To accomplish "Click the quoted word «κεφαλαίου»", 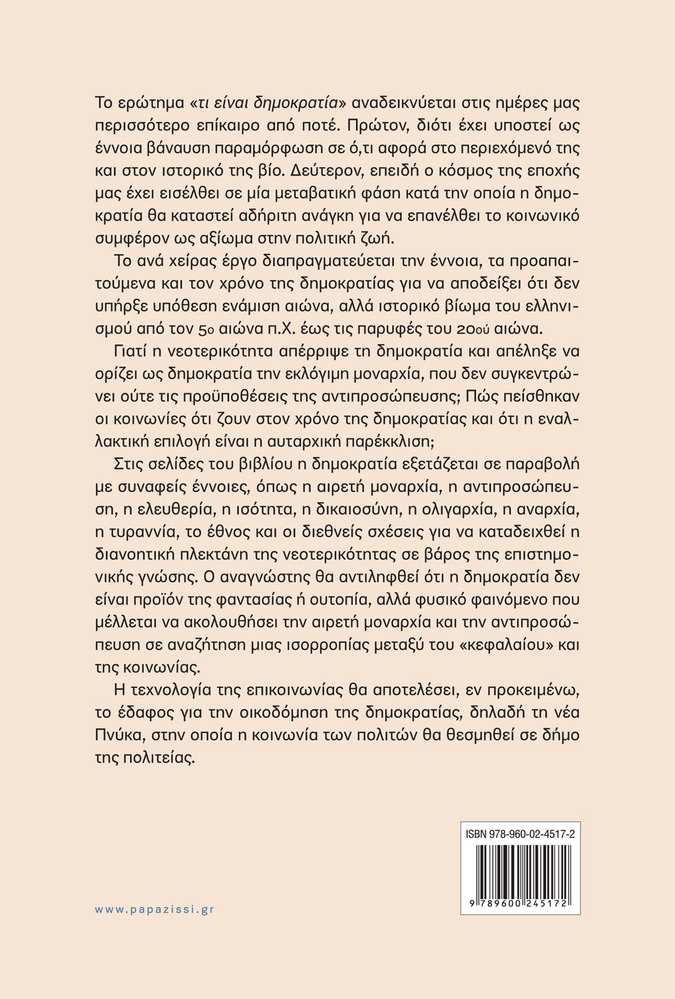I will coord(499,645).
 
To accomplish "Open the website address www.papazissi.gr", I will coord(154,909).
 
